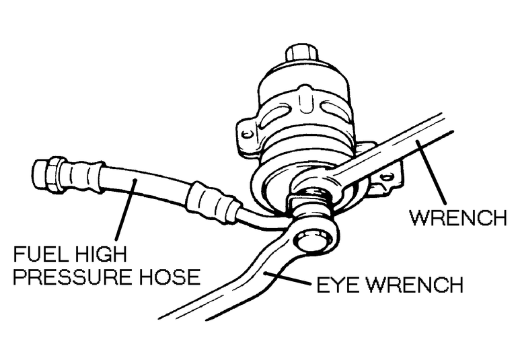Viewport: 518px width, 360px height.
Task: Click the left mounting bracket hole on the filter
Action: coord(248,134)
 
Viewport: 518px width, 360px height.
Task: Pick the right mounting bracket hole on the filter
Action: coord(386,177)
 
